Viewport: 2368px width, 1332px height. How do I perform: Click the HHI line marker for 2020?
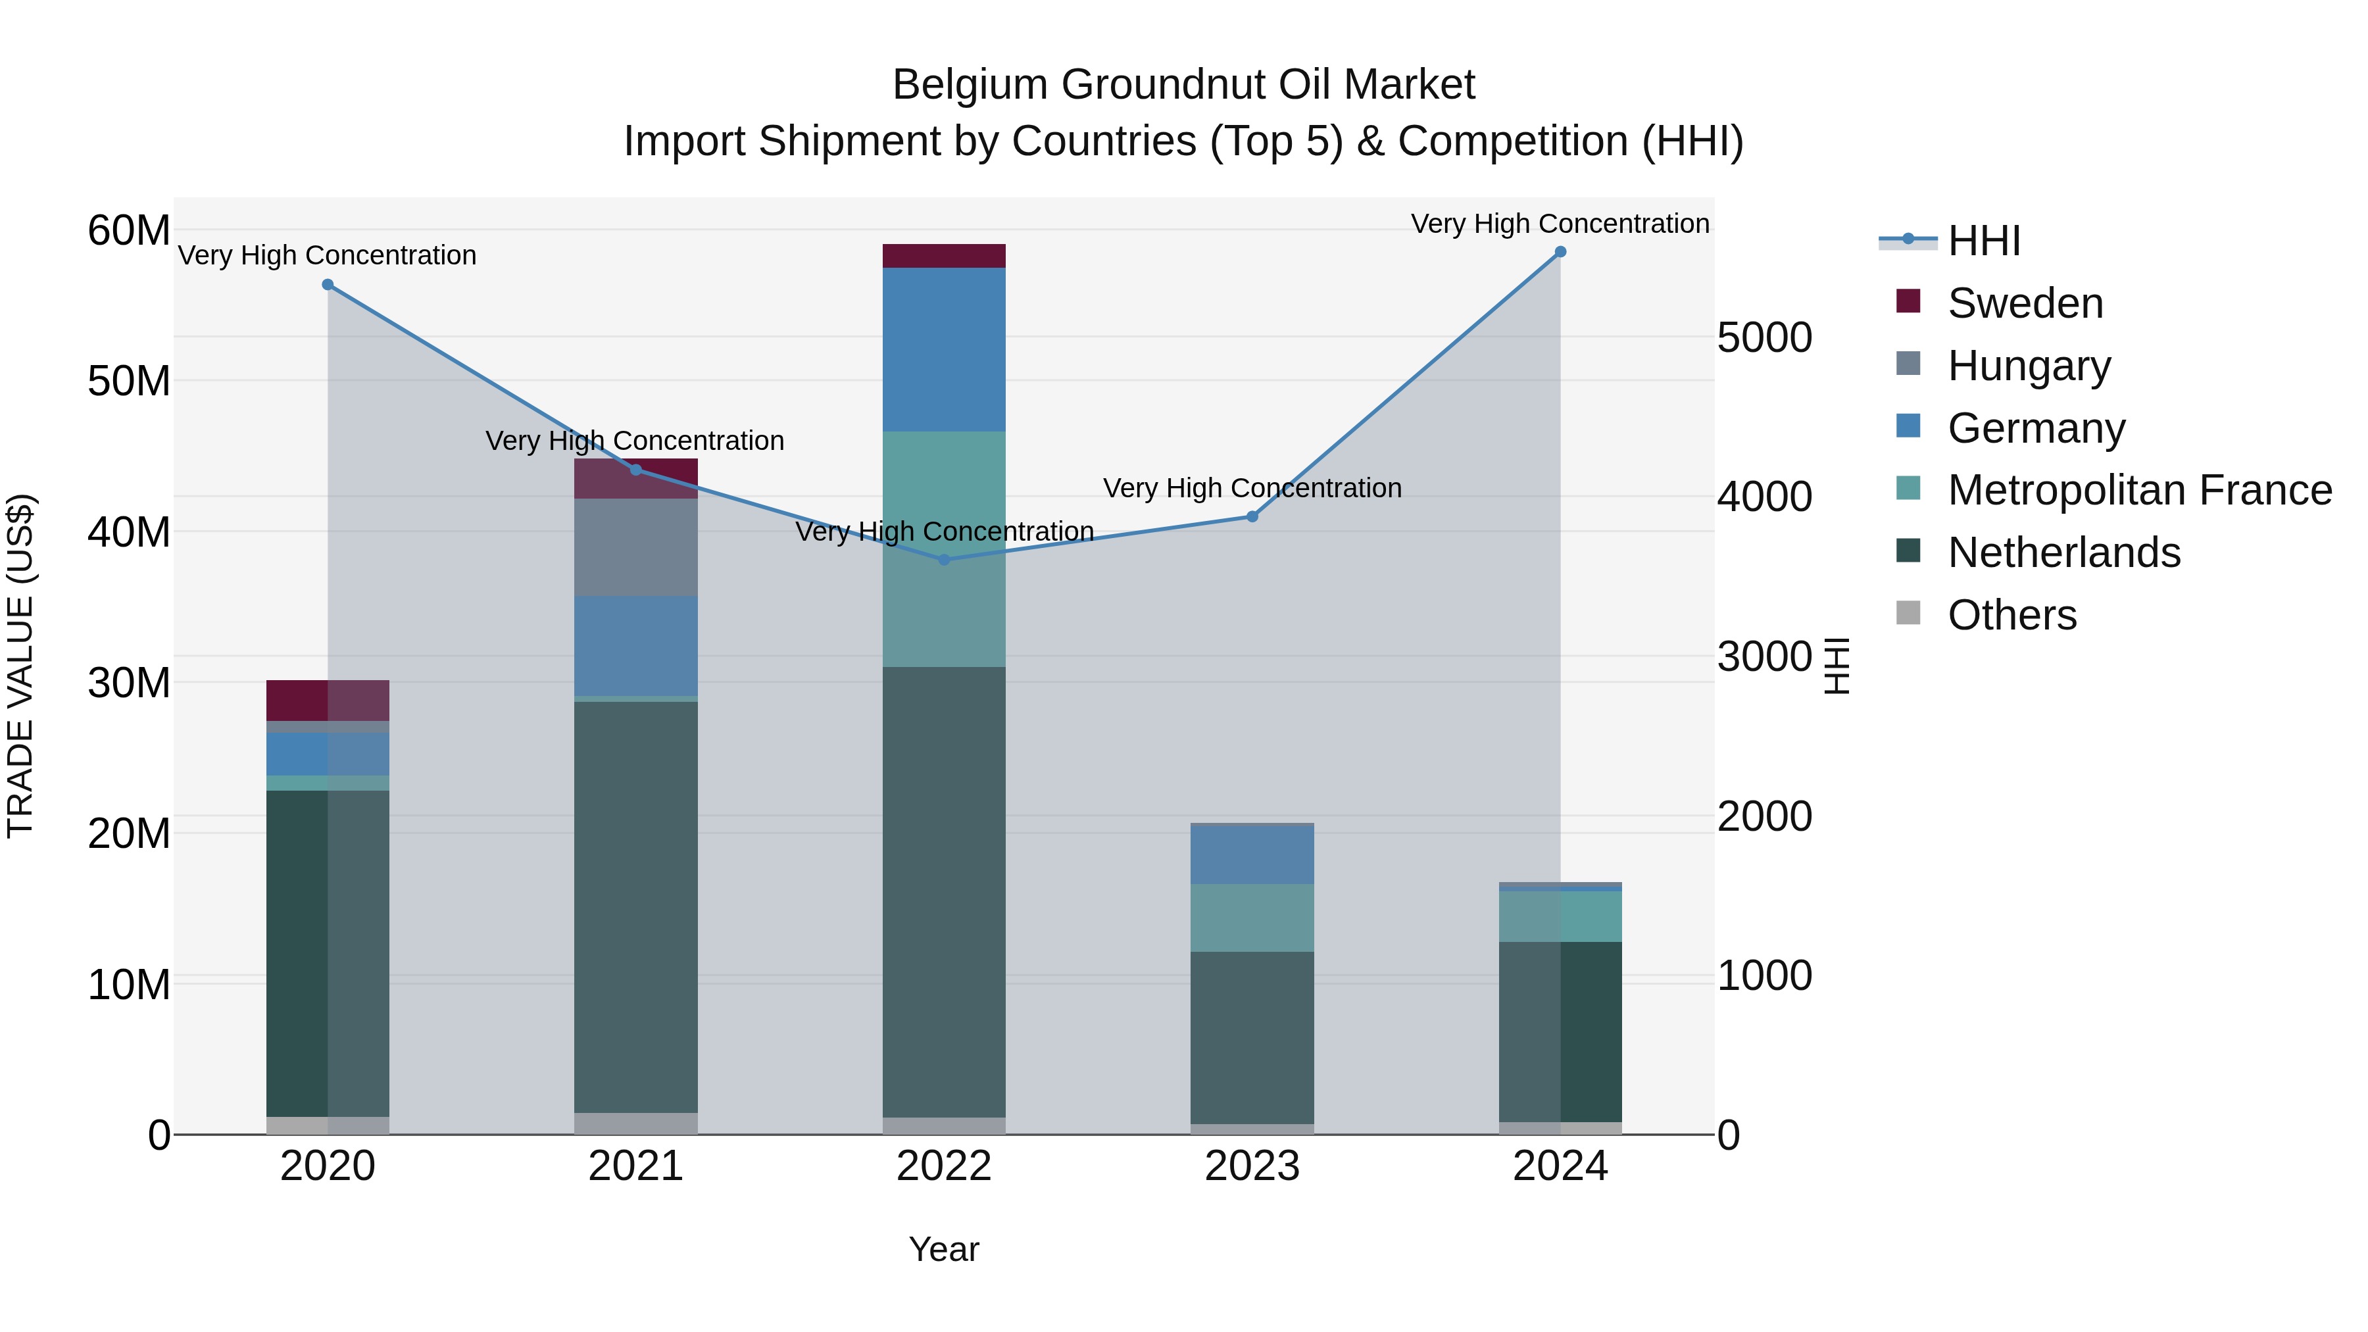point(328,285)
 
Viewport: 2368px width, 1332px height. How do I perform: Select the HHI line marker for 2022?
point(943,559)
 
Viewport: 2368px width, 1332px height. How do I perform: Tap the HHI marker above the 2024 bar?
point(1560,252)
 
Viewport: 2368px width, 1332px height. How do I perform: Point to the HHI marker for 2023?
point(1252,516)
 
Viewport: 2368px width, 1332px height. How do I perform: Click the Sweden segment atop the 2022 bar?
point(943,256)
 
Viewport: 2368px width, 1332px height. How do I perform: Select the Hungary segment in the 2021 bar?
point(635,547)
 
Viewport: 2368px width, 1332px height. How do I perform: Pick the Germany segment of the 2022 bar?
point(943,349)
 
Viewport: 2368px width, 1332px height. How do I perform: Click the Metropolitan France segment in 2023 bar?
point(1252,918)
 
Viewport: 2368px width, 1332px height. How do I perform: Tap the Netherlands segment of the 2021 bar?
point(635,906)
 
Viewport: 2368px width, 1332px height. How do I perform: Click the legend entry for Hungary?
point(2029,366)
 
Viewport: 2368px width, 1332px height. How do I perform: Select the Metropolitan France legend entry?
point(2139,491)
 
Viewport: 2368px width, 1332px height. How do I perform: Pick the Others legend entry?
point(2011,615)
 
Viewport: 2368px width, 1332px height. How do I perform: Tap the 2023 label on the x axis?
point(1252,1166)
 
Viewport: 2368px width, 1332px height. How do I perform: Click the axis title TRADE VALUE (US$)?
point(21,666)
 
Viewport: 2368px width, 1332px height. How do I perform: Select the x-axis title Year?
point(943,1249)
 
